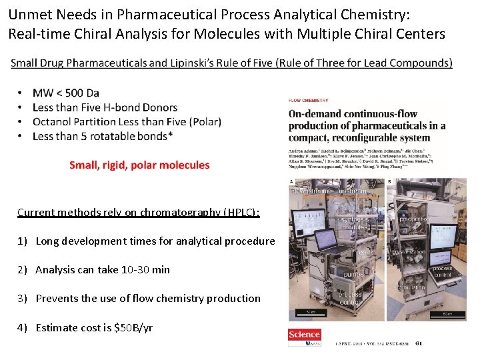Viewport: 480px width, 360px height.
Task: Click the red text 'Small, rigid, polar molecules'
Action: tap(139, 165)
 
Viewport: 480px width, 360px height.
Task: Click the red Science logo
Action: tap(304, 335)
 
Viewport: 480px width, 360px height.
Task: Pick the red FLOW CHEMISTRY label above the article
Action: tap(309, 101)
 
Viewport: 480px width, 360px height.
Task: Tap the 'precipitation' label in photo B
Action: tap(414, 219)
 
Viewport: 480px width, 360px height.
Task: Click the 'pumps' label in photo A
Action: tap(353, 274)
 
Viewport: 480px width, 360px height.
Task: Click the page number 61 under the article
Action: tap(418, 344)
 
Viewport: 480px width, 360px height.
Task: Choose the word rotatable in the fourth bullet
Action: tap(113, 136)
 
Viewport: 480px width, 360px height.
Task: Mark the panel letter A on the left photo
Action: tap(292, 181)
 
